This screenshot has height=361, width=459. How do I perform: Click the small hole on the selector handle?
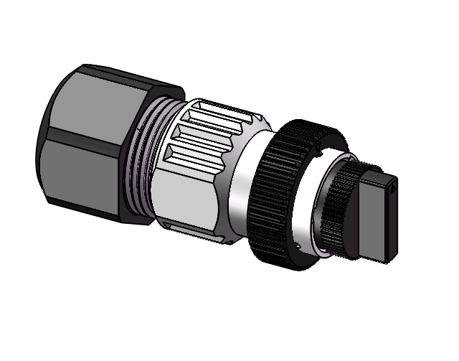[395, 190]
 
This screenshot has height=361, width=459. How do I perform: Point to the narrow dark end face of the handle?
[394, 222]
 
